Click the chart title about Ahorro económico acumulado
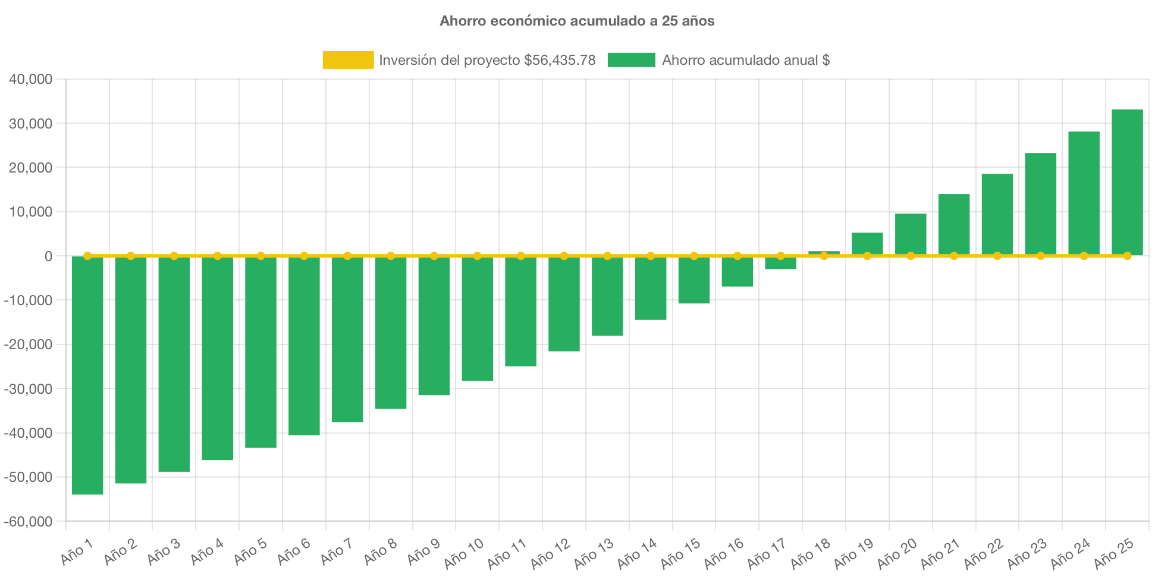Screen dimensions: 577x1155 point(577,21)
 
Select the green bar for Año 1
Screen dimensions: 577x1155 point(87,375)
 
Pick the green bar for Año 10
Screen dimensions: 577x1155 point(478,318)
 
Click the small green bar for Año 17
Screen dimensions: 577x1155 point(780,263)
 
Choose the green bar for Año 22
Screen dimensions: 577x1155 point(997,214)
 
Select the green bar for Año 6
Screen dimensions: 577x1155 point(304,345)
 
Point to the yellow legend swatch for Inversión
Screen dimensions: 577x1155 point(348,60)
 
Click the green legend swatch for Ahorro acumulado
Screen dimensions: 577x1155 point(631,60)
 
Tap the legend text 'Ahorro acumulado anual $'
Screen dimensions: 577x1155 point(746,60)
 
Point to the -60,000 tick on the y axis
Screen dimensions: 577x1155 point(29,522)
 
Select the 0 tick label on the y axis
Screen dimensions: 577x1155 point(48,256)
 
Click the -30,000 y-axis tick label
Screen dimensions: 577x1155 point(29,389)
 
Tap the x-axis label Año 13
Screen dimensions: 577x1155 point(593,553)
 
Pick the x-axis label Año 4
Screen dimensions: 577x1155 point(206,552)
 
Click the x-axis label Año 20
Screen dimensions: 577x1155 point(896,553)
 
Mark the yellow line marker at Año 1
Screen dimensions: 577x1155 point(87,256)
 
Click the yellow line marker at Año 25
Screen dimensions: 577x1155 point(1127,256)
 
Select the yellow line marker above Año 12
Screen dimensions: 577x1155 point(564,256)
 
